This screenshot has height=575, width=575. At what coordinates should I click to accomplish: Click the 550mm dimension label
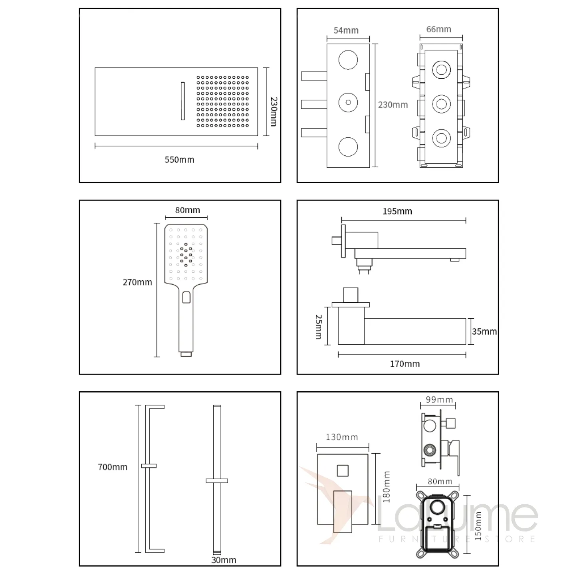[179, 160]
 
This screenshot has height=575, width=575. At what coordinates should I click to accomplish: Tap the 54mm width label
[346, 30]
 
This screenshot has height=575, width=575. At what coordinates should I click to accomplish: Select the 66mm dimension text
[438, 29]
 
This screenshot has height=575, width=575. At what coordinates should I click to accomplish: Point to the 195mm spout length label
[397, 211]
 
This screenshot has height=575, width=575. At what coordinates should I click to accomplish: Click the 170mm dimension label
[404, 364]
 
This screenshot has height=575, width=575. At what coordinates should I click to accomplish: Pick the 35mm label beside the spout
[484, 331]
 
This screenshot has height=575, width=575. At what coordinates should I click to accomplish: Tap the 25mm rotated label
[319, 327]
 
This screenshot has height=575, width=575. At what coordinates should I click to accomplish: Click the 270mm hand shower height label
[137, 282]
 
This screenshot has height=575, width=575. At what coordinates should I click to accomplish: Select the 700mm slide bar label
[113, 467]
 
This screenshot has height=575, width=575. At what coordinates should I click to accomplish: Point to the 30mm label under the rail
[224, 560]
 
